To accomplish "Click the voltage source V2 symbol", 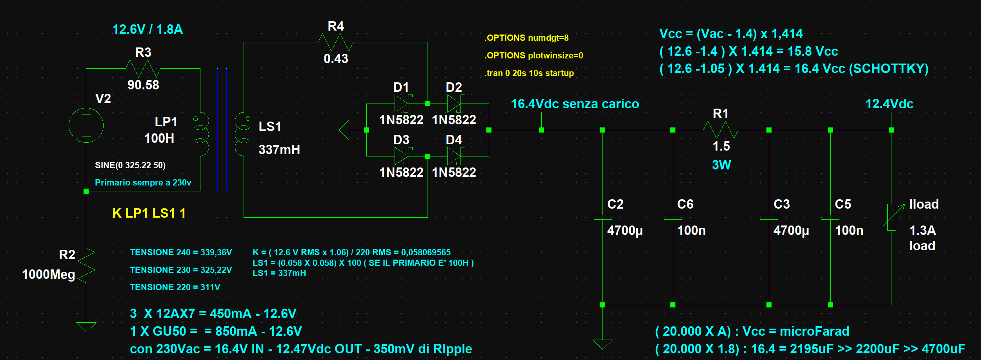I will pyautogui.click(x=86, y=125).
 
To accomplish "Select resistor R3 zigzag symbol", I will pyautogui.click(x=143, y=69).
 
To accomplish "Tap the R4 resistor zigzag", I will pyautogui.click(x=336, y=42).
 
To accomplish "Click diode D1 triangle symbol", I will pyautogui.click(x=402, y=104).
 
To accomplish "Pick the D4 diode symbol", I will pyautogui.click(x=454, y=156).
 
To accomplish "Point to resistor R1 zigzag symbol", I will pyautogui.click(x=721, y=130).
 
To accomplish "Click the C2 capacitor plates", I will pyautogui.click(x=603, y=217).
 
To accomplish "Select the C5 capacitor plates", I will pyautogui.click(x=830, y=217).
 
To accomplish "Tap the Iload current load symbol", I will pyautogui.click(x=892, y=217).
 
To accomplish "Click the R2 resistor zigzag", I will pyautogui.click(x=86, y=265).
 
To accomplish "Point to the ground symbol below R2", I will pyautogui.click(x=86, y=327).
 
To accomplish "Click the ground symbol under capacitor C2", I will pyautogui.click(x=603, y=344).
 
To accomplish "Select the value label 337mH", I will pyautogui.click(x=279, y=150).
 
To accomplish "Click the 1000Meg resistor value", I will pyautogui.click(x=48, y=275).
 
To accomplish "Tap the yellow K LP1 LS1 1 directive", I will pyautogui.click(x=149, y=213).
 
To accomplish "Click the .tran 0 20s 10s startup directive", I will pyautogui.click(x=529, y=73).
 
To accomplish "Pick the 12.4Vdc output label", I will pyautogui.click(x=889, y=104).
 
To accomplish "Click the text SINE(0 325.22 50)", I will pyautogui.click(x=130, y=165).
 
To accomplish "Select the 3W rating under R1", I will pyautogui.click(x=721, y=165).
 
